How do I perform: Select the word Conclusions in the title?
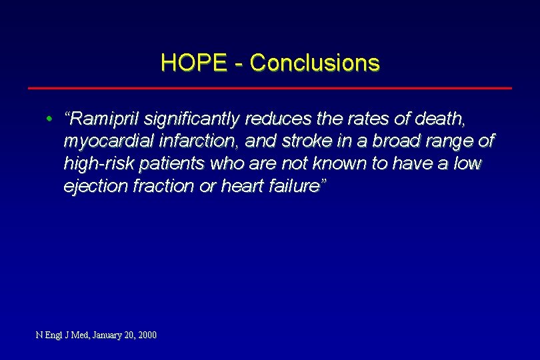[315, 63]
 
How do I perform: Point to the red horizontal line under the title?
[269, 88]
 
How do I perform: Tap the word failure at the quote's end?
[294, 186]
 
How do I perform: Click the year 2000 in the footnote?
[146, 335]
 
